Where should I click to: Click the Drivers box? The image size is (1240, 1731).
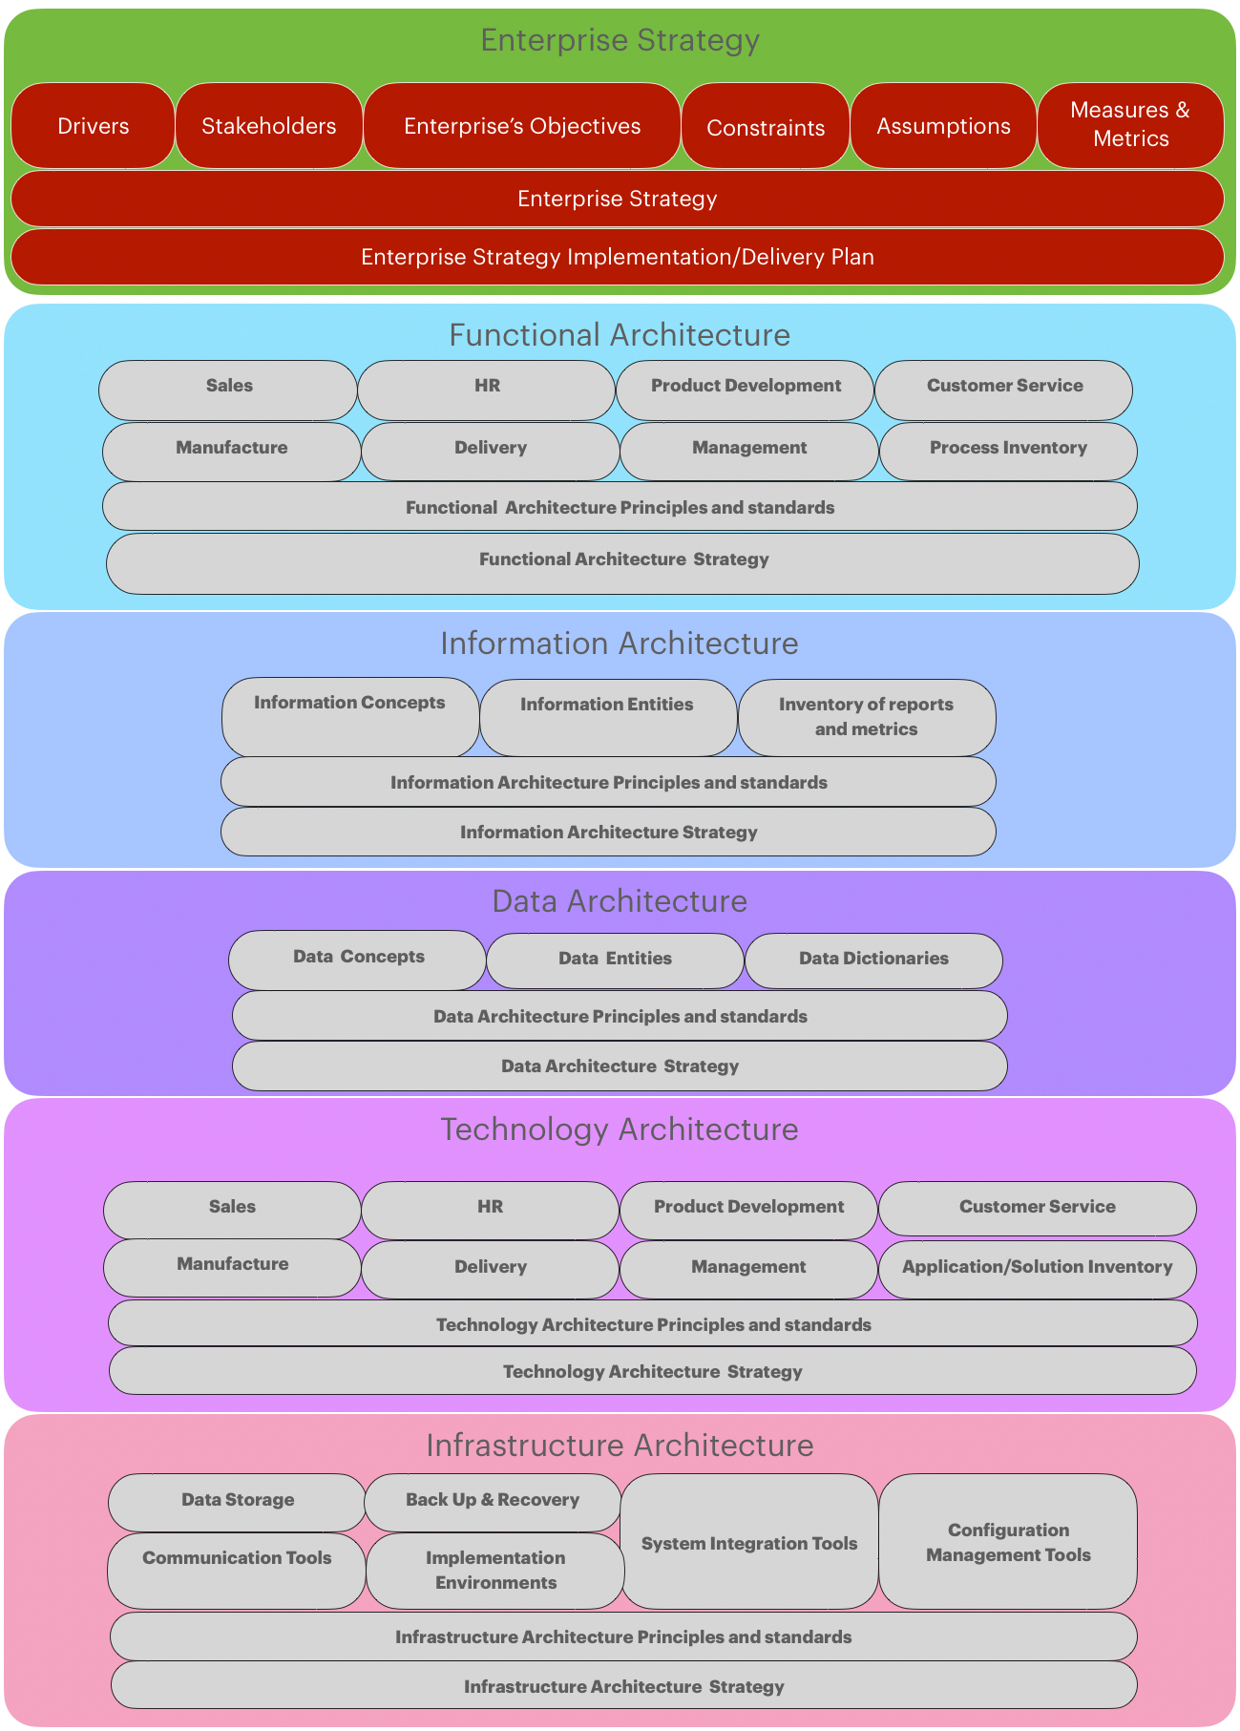click(93, 126)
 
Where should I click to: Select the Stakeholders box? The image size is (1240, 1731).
click(269, 126)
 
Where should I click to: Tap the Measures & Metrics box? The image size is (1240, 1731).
click(1130, 125)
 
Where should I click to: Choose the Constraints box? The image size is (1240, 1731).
click(766, 126)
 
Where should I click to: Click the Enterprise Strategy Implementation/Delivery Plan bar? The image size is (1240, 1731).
click(618, 257)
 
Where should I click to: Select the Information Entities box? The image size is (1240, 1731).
click(608, 717)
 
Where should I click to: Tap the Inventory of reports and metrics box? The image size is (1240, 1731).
click(867, 717)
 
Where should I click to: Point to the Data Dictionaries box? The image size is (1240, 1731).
click(873, 960)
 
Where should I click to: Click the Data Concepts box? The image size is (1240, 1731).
click(358, 960)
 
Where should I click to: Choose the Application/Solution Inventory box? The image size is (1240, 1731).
click(1037, 1269)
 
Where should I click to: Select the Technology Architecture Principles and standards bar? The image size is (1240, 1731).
click(653, 1324)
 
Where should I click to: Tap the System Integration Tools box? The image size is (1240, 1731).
click(749, 1541)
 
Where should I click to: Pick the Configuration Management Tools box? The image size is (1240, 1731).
click(1008, 1541)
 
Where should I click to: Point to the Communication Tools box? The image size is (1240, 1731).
click(237, 1570)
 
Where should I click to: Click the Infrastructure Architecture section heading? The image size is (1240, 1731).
click(620, 1446)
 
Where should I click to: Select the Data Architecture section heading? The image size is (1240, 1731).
click(620, 901)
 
